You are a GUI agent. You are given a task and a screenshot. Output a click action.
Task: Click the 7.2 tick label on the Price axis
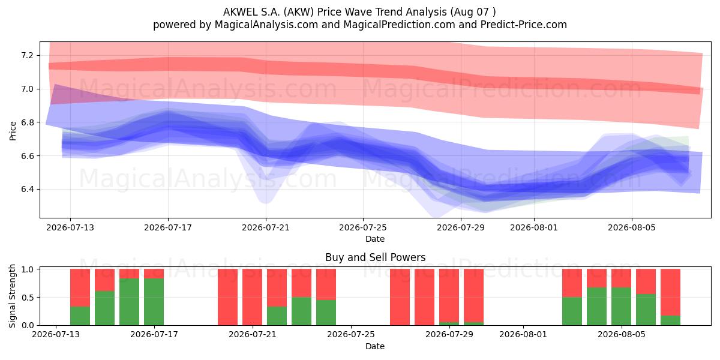coord(27,56)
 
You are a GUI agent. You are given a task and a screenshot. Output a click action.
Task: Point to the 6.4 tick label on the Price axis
coord(27,190)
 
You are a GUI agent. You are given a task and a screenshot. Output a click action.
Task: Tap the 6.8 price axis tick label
coord(27,122)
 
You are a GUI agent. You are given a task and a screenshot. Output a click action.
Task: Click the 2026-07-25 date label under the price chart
coord(363,227)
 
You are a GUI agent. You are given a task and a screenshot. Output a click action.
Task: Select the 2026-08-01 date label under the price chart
coord(534,227)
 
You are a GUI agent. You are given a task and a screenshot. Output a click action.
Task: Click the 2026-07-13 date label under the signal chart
coord(56,334)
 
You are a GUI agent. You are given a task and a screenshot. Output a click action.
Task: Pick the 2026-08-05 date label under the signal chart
coord(622,334)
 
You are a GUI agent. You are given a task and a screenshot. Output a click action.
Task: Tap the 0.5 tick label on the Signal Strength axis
coord(27,298)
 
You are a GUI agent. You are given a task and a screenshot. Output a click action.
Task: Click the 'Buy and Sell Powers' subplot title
coord(375,257)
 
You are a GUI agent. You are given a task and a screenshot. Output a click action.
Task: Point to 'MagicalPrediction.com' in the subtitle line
coord(399,25)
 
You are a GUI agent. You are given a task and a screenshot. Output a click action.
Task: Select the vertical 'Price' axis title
coord(13,131)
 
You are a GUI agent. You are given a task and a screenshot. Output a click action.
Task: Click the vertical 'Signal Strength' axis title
coord(12,296)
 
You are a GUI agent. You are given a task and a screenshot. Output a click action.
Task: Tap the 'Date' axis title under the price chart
coord(375,239)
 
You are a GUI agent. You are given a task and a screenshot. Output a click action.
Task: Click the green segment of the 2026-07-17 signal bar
coord(154,302)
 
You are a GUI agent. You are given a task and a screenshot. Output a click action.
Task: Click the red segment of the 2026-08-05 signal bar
coord(646,281)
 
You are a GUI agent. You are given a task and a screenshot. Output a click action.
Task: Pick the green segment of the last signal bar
coord(671,320)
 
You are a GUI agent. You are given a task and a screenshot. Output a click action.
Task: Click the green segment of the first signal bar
coord(80,316)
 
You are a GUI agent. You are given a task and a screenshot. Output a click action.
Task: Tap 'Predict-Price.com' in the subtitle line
coord(524,25)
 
